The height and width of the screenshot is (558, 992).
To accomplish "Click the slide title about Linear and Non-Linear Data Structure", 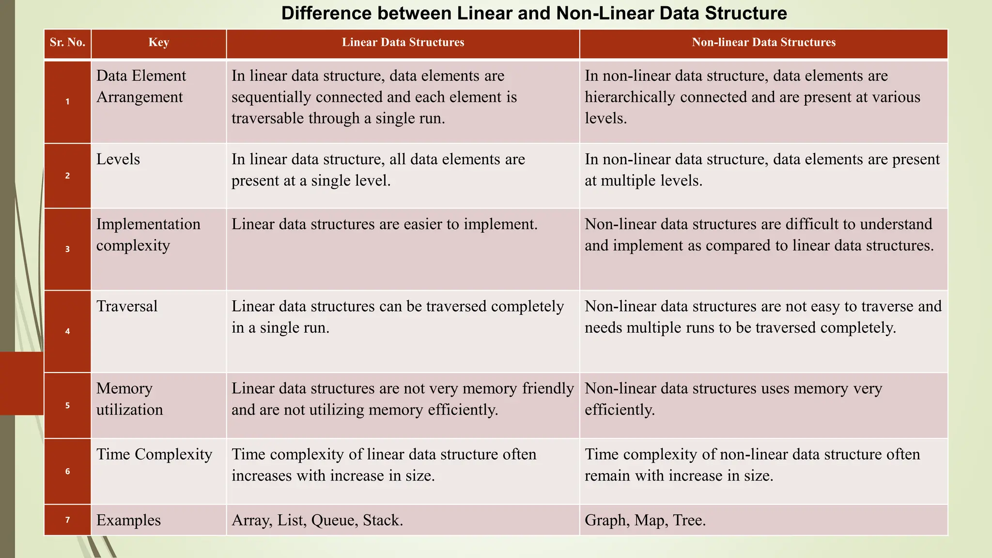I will [x=534, y=13].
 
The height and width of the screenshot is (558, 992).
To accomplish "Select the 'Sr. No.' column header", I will [x=67, y=43].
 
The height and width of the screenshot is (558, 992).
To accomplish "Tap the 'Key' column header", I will [x=159, y=43].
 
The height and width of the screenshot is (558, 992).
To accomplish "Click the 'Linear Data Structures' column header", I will [x=403, y=43].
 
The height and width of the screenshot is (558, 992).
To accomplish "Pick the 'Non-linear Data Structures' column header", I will [x=763, y=43].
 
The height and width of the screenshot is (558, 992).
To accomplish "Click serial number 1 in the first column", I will [x=67, y=102].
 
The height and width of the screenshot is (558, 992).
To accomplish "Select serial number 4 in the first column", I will [x=67, y=331].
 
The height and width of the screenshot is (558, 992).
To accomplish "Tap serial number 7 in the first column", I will [x=67, y=520].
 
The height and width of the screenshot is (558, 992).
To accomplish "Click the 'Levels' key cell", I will [x=118, y=159].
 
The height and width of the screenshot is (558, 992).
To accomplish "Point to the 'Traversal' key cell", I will [x=127, y=306].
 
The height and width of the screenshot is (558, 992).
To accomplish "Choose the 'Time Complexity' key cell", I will [x=154, y=454].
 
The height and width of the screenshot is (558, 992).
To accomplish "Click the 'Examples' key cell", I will [x=128, y=520].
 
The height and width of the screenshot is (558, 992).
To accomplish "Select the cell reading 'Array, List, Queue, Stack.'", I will [x=317, y=520].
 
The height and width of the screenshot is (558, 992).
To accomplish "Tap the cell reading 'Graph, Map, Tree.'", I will [x=645, y=520].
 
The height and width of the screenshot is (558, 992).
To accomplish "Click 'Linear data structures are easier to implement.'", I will [x=385, y=224].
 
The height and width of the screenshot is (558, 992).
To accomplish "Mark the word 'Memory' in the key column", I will [x=124, y=388].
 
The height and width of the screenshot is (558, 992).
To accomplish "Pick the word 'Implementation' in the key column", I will [x=148, y=224].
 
